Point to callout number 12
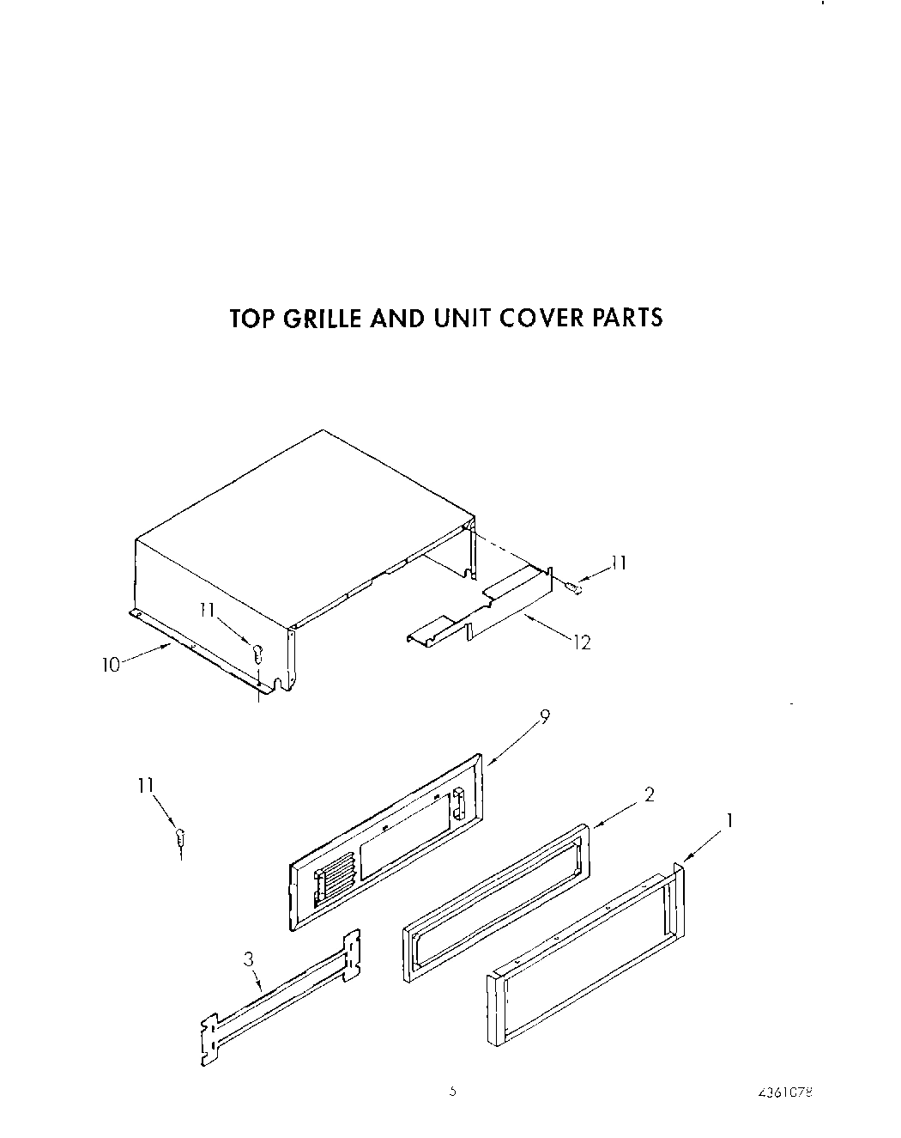coord(583,642)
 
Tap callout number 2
coord(650,795)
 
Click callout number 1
coord(729,821)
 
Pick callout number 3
coord(249,960)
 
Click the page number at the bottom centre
coord(453,1092)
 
